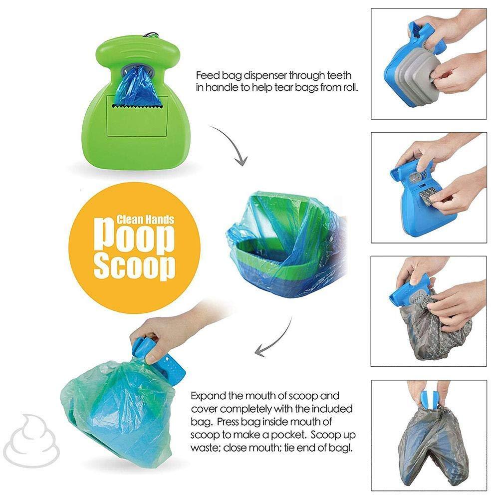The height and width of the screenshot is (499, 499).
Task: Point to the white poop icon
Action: tap(35, 434)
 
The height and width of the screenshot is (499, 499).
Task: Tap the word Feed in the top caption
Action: tap(206, 76)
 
